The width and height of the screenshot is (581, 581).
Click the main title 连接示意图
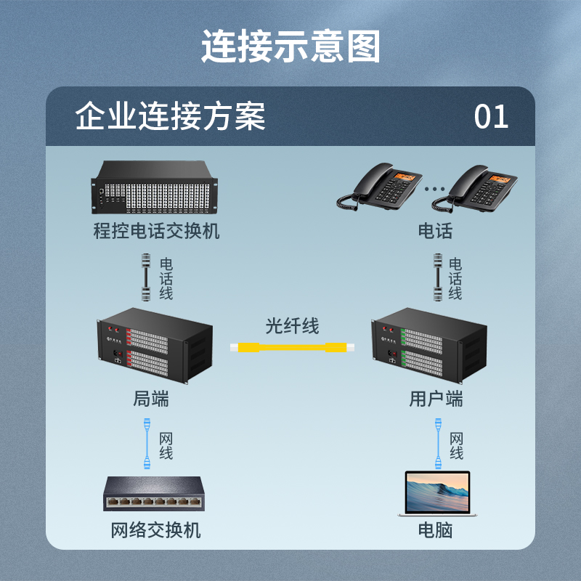coord(290,46)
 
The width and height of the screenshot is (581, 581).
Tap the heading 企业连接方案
coord(171,116)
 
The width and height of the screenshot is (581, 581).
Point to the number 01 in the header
coord(492,116)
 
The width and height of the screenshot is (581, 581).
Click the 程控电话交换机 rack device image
coord(156,189)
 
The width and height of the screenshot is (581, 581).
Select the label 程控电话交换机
coord(156,232)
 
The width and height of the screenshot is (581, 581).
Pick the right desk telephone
coord(479,188)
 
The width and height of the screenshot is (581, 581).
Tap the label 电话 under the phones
coord(435,232)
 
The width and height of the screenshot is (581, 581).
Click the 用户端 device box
coord(428,347)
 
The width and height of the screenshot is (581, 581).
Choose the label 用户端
coord(436,399)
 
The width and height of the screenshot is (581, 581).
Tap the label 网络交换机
coord(156,530)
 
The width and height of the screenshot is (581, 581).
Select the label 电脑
coord(435,530)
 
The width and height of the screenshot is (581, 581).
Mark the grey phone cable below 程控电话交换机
coord(145,277)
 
